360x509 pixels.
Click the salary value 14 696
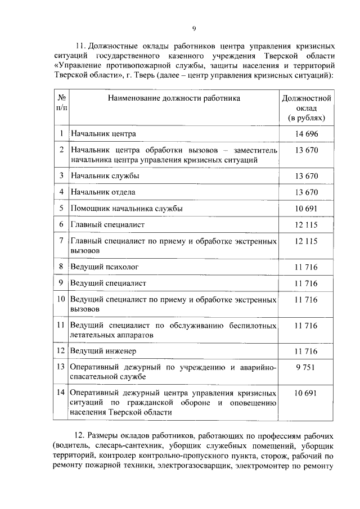click(x=307, y=133)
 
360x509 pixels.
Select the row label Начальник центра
click(x=103, y=134)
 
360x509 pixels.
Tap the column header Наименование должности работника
click(x=174, y=98)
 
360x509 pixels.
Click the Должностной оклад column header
click(x=307, y=108)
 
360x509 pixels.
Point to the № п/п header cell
click(x=62, y=102)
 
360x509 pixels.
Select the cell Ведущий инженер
click(x=103, y=352)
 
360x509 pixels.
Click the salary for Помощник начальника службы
click(x=307, y=208)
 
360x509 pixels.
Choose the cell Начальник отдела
click(x=102, y=192)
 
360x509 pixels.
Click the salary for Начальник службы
click(x=307, y=176)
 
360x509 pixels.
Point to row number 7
click(x=61, y=241)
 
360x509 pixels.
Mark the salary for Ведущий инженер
click(x=307, y=352)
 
